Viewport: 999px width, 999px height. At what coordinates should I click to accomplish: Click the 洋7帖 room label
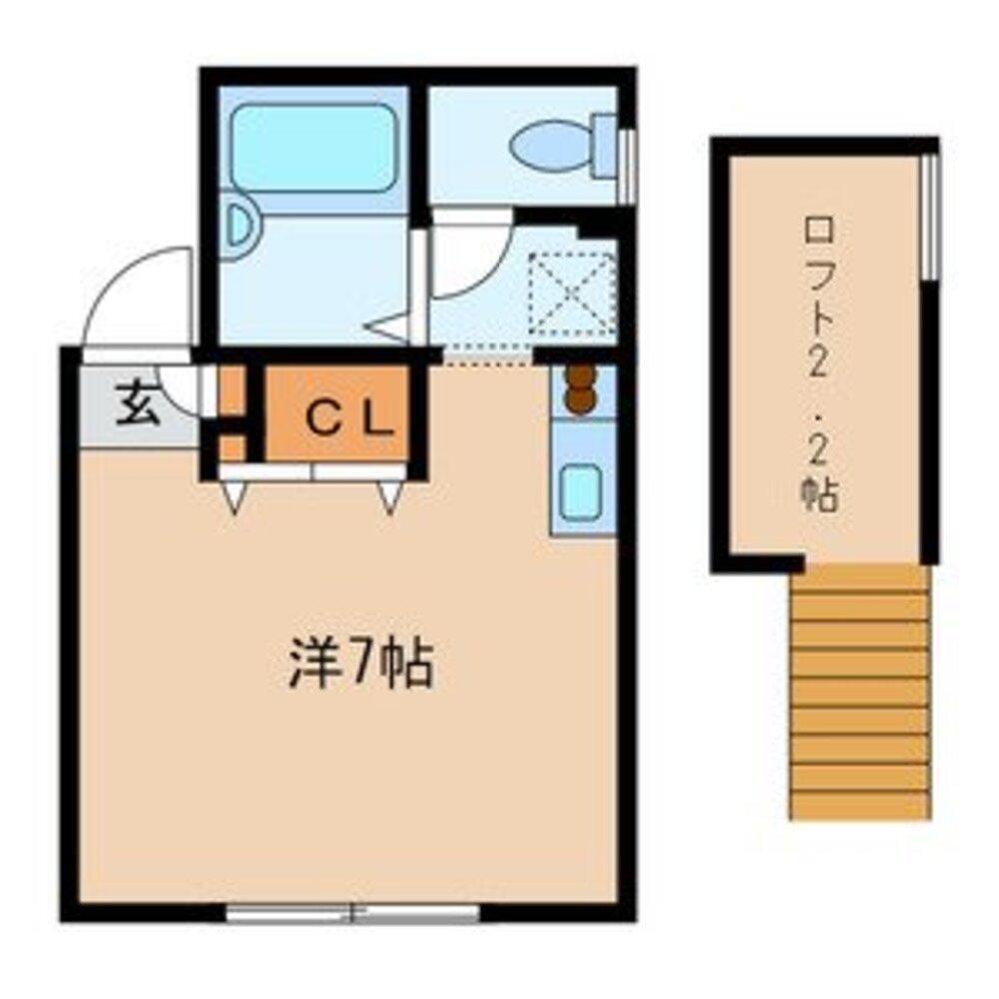[x=361, y=667]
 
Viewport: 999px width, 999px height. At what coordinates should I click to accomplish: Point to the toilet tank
[x=605, y=146]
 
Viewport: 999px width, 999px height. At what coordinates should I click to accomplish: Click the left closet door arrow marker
[x=234, y=496]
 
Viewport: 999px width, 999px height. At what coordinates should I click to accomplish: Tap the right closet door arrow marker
[x=389, y=496]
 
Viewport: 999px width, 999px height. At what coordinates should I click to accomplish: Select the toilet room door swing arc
[x=470, y=260]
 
